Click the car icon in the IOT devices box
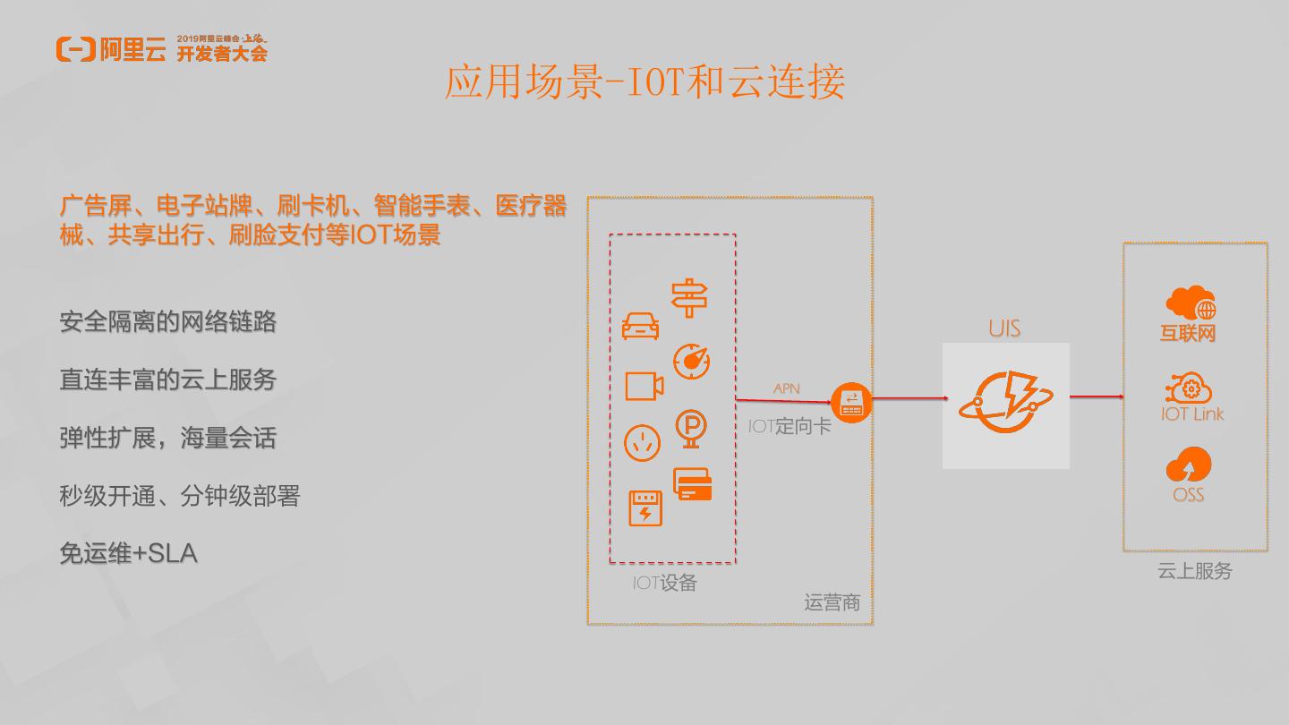pos(641,326)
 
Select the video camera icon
pos(644,385)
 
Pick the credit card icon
pos(692,484)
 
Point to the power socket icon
pos(642,442)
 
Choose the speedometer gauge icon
pos(691,362)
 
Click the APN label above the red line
pos(786,388)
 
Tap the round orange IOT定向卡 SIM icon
pos(850,403)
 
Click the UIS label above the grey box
pos(1004,328)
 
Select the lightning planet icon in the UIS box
pos(1005,404)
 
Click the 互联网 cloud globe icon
pos(1190,303)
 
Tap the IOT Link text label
pos(1191,414)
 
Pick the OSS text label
pos(1188,495)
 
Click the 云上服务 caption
pos(1194,571)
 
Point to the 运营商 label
pos(832,602)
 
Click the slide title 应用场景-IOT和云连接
pos(644,82)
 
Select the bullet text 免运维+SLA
pos(128,553)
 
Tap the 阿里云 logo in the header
pos(111,49)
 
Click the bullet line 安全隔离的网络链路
pos(167,321)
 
